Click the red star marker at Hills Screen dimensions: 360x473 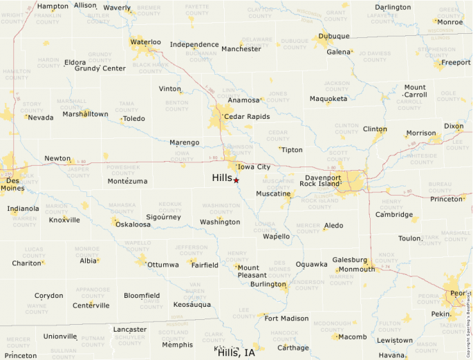pyautogui.click(x=236, y=180)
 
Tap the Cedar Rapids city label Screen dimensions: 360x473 pyautogui.click(x=246, y=117)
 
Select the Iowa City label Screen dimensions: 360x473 pyautogui.click(x=254, y=167)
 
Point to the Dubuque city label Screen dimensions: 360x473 pyautogui.click(x=334, y=36)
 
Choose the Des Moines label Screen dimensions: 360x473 pyautogui.click(x=12, y=183)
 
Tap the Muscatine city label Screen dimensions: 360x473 pyautogui.click(x=273, y=194)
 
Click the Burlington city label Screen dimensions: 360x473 pyautogui.click(x=268, y=284)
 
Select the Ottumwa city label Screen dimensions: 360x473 pyautogui.click(x=163, y=265)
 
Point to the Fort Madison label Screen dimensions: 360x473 pyautogui.click(x=286, y=319)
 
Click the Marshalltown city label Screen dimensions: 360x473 pyautogui.click(x=85, y=114)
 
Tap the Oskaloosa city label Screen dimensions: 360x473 pyautogui.click(x=133, y=225)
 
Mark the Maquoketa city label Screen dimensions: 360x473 pyautogui.click(x=328, y=99)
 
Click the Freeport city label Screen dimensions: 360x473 pyautogui.click(x=456, y=62)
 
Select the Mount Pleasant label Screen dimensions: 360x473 pyautogui.click(x=248, y=272)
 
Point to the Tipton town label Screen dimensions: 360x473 pyautogui.click(x=292, y=150)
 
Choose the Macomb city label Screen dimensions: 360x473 pyautogui.click(x=353, y=337)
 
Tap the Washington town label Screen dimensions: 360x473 pyautogui.click(x=220, y=222)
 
